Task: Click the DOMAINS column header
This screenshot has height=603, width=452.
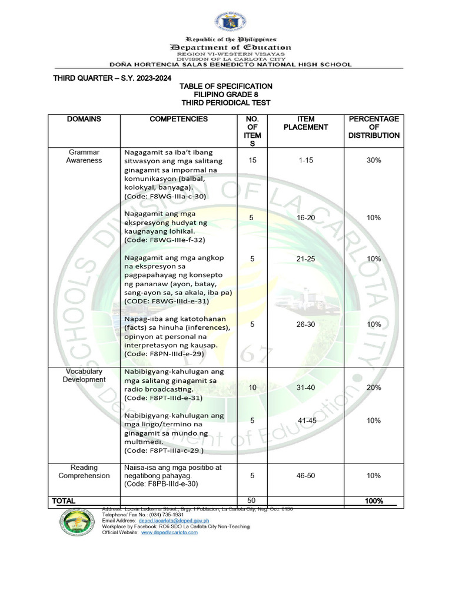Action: tap(84, 119)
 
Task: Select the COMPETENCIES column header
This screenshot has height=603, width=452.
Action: tap(178, 119)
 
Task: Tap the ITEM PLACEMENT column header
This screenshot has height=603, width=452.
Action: tap(305, 122)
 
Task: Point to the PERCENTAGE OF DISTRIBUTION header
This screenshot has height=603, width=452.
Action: tap(374, 127)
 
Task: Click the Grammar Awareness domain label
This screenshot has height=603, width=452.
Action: tap(84, 156)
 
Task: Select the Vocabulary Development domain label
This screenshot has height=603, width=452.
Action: tap(84, 376)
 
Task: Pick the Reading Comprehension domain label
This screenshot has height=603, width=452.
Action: tap(84, 471)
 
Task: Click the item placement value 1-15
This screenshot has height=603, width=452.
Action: tap(305, 160)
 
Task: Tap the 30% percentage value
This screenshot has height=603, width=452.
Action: tap(374, 160)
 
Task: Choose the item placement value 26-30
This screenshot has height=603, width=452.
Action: tap(305, 324)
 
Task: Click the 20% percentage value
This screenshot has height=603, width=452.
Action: tap(374, 387)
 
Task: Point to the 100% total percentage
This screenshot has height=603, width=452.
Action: tap(374, 501)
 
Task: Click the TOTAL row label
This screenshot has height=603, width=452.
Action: tap(64, 501)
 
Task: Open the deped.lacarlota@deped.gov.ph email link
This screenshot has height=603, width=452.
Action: tap(178, 521)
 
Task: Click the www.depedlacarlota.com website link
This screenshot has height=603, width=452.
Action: tap(169, 532)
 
